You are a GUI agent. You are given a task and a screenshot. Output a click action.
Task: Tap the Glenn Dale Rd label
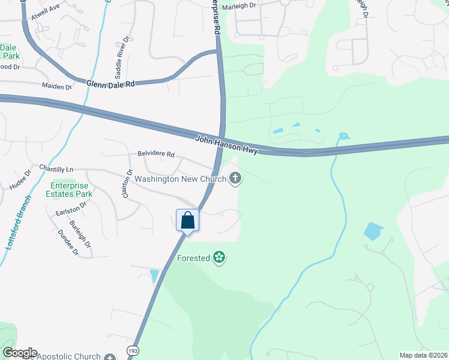110,85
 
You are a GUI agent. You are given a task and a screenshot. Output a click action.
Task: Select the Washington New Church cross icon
235,178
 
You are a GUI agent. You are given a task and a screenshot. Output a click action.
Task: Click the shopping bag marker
187,220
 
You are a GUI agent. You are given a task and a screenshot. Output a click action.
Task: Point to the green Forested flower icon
219,258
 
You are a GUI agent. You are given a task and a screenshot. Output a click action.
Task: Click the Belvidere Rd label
155,154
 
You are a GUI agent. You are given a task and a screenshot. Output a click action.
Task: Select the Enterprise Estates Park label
71,190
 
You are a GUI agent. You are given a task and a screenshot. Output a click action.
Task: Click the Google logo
20,353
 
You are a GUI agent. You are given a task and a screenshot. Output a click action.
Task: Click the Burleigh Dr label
81,234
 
